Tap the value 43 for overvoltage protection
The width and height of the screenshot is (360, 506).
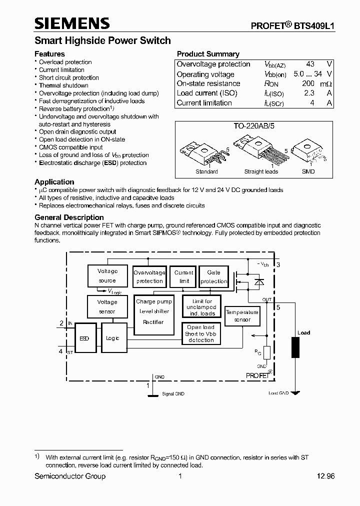click(310, 64)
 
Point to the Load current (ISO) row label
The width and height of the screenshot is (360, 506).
click(207, 93)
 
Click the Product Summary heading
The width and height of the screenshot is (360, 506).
click(208, 54)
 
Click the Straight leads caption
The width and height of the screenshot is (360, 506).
click(261, 171)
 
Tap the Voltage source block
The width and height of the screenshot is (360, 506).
click(107, 276)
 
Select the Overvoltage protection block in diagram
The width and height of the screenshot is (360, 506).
click(149, 276)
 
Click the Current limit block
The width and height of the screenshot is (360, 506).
click(183, 276)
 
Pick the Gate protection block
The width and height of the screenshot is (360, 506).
click(213, 276)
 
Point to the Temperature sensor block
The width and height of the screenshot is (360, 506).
click(242, 315)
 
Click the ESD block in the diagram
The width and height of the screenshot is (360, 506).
click(84, 338)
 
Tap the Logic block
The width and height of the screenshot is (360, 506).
click(113, 338)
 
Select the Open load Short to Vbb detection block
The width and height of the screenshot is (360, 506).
click(201, 333)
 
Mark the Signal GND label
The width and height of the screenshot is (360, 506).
click(173, 394)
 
